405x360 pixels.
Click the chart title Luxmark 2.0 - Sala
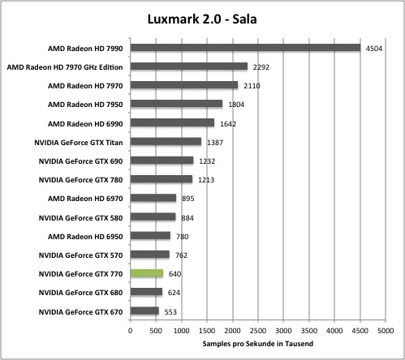[202, 19]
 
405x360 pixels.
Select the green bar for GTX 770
[147, 273]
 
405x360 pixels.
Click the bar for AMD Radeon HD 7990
[245, 48]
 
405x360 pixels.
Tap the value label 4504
[374, 49]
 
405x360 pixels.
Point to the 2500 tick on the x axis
[258, 331]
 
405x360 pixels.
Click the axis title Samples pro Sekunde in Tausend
[258, 344]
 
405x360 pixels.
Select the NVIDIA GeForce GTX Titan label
[79, 143]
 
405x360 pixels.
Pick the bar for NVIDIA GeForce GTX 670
[144, 311]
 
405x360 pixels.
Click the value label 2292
[261, 67]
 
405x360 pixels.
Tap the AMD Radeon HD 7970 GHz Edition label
[65, 67]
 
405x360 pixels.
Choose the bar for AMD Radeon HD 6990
[172, 122]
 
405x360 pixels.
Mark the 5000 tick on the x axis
[386, 331]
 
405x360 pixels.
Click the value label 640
[174, 274]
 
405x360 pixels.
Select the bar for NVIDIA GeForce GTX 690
[162, 161]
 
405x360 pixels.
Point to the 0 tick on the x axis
[131, 331]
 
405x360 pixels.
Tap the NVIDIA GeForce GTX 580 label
[80, 218]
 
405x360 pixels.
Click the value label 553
[170, 312]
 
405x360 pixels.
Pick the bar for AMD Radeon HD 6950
[150, 236]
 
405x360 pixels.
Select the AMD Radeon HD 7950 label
[85, 105]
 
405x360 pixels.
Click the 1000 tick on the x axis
[181, 331]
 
